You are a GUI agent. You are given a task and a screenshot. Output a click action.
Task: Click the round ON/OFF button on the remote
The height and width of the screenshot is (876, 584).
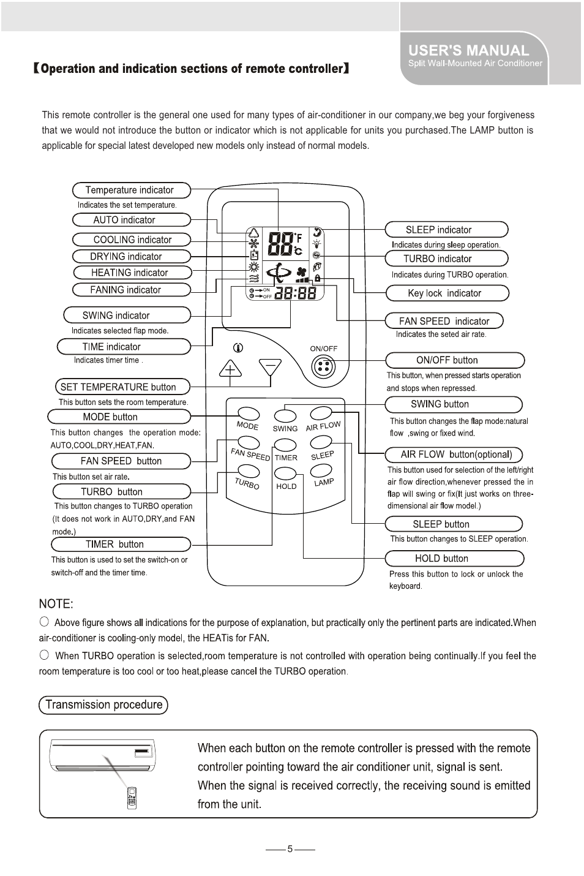[324, 368]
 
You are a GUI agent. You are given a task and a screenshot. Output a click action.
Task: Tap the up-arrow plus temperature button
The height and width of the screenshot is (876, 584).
[230, 368]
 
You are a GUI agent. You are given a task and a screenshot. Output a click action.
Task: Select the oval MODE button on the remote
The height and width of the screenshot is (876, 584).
[249, 414]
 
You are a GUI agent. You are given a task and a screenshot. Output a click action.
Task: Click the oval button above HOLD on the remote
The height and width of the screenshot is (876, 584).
[286, 473]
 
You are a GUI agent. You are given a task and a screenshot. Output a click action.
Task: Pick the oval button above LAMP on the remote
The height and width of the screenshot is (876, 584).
[321, 470]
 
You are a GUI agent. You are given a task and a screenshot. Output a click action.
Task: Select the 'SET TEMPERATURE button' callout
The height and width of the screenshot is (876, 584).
[122, 387]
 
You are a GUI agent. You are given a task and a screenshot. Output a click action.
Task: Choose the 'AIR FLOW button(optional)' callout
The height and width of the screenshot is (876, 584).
[453, 455]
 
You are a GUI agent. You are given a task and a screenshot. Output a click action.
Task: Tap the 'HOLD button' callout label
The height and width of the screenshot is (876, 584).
[454, 558]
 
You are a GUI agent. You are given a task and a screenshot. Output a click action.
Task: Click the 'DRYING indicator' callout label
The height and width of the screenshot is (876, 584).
[132, 256]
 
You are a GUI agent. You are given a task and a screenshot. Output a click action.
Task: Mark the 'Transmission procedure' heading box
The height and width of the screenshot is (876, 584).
[103, 704]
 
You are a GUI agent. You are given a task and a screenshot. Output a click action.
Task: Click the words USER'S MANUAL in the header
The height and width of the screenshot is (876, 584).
[468, 51]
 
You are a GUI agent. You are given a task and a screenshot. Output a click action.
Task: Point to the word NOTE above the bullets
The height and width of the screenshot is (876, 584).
[56, 604]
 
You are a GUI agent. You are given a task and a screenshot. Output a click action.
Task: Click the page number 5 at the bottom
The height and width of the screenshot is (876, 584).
[290, 849]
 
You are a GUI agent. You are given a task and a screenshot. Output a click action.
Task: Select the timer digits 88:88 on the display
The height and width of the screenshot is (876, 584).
[295, 293]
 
